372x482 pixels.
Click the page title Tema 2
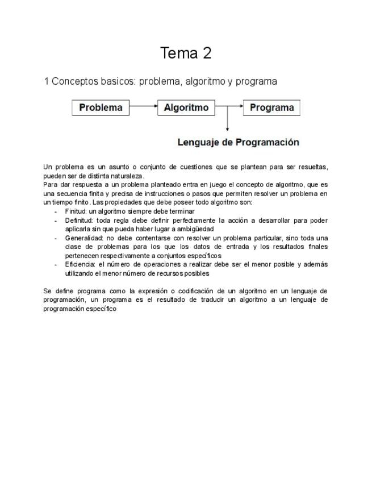click(186, 53)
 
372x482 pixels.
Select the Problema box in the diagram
click(101, 107)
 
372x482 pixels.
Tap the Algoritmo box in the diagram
click(186, 107)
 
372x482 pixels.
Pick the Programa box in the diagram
click(271, 107)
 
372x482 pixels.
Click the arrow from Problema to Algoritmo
click(143, 107)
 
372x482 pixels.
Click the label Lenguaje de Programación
click(238, 142)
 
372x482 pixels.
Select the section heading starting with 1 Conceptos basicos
click(161, 81)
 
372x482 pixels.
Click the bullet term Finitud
click(75, 211)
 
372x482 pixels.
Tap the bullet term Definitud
click(78, 220)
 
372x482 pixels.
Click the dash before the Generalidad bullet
click(56, 238)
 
